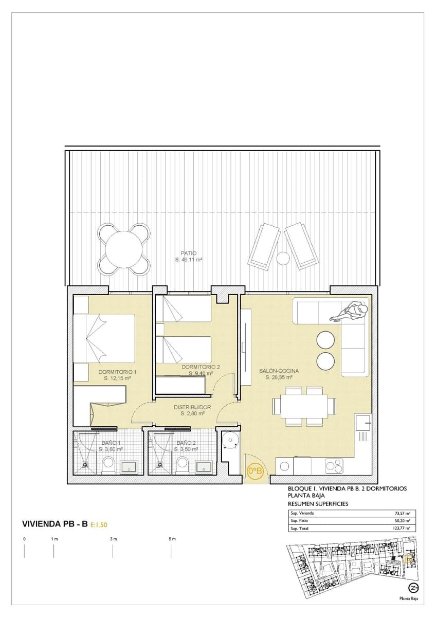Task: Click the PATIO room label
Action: pyautogui.click(x=188, y=253)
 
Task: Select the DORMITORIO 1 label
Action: pyautogui.click(x=117, y=371)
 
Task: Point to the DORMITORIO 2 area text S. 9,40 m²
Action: pyautogui.click(x=201, y=373)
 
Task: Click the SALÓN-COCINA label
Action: pyautogui.click(x=279, y=370)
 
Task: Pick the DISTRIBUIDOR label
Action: pyautogui.click(x=193, y=407)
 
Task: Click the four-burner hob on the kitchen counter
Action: pyautogui.click(x=334, y=466)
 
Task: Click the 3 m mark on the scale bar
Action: pyautogui.click(x=113, y=539)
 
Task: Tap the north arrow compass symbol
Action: pyautogui.click(x=412, y=588)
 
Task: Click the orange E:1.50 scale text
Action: pyautogui.click(x=99, y=525)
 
